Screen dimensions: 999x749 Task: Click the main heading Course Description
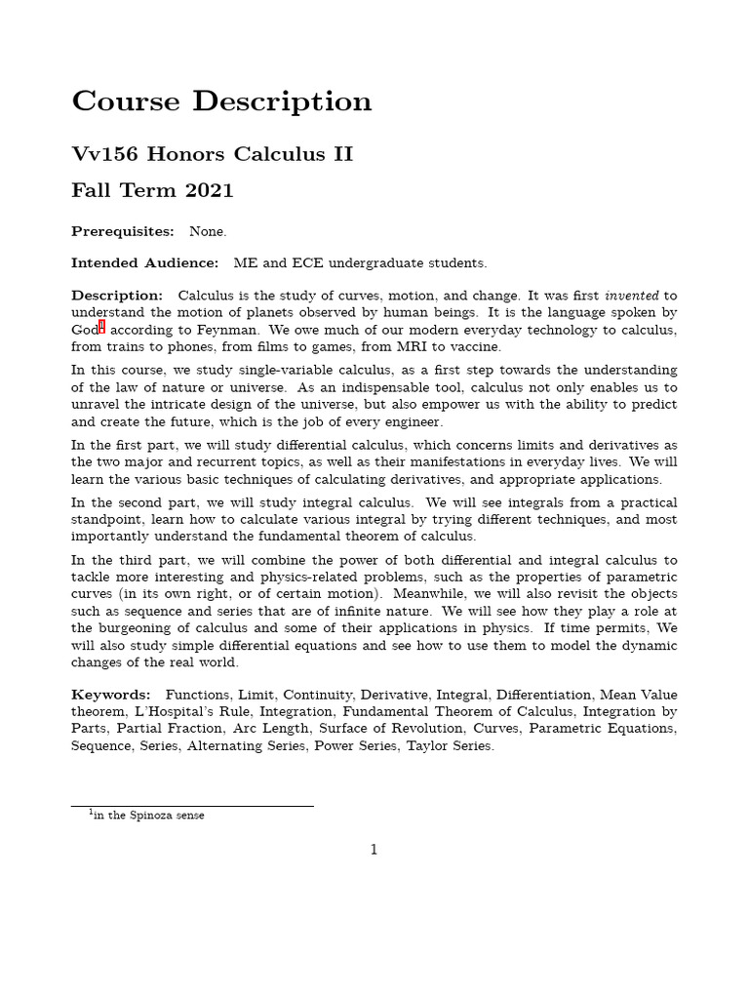tap(221, 101)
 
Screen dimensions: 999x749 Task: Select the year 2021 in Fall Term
tap(209, 190)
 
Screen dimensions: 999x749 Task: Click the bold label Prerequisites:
tap(123, 231)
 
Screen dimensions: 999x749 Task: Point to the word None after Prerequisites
tap(207, 231)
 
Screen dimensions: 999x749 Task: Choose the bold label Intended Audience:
tap(145, 263)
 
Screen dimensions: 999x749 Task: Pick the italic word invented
tap(632, 296)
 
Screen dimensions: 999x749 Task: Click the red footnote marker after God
tap(101, 327)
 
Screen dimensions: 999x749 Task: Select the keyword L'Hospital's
tap(167, 711)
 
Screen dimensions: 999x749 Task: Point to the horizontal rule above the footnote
tap(192, 806)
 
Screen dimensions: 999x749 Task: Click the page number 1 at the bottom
tap(374, 850)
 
